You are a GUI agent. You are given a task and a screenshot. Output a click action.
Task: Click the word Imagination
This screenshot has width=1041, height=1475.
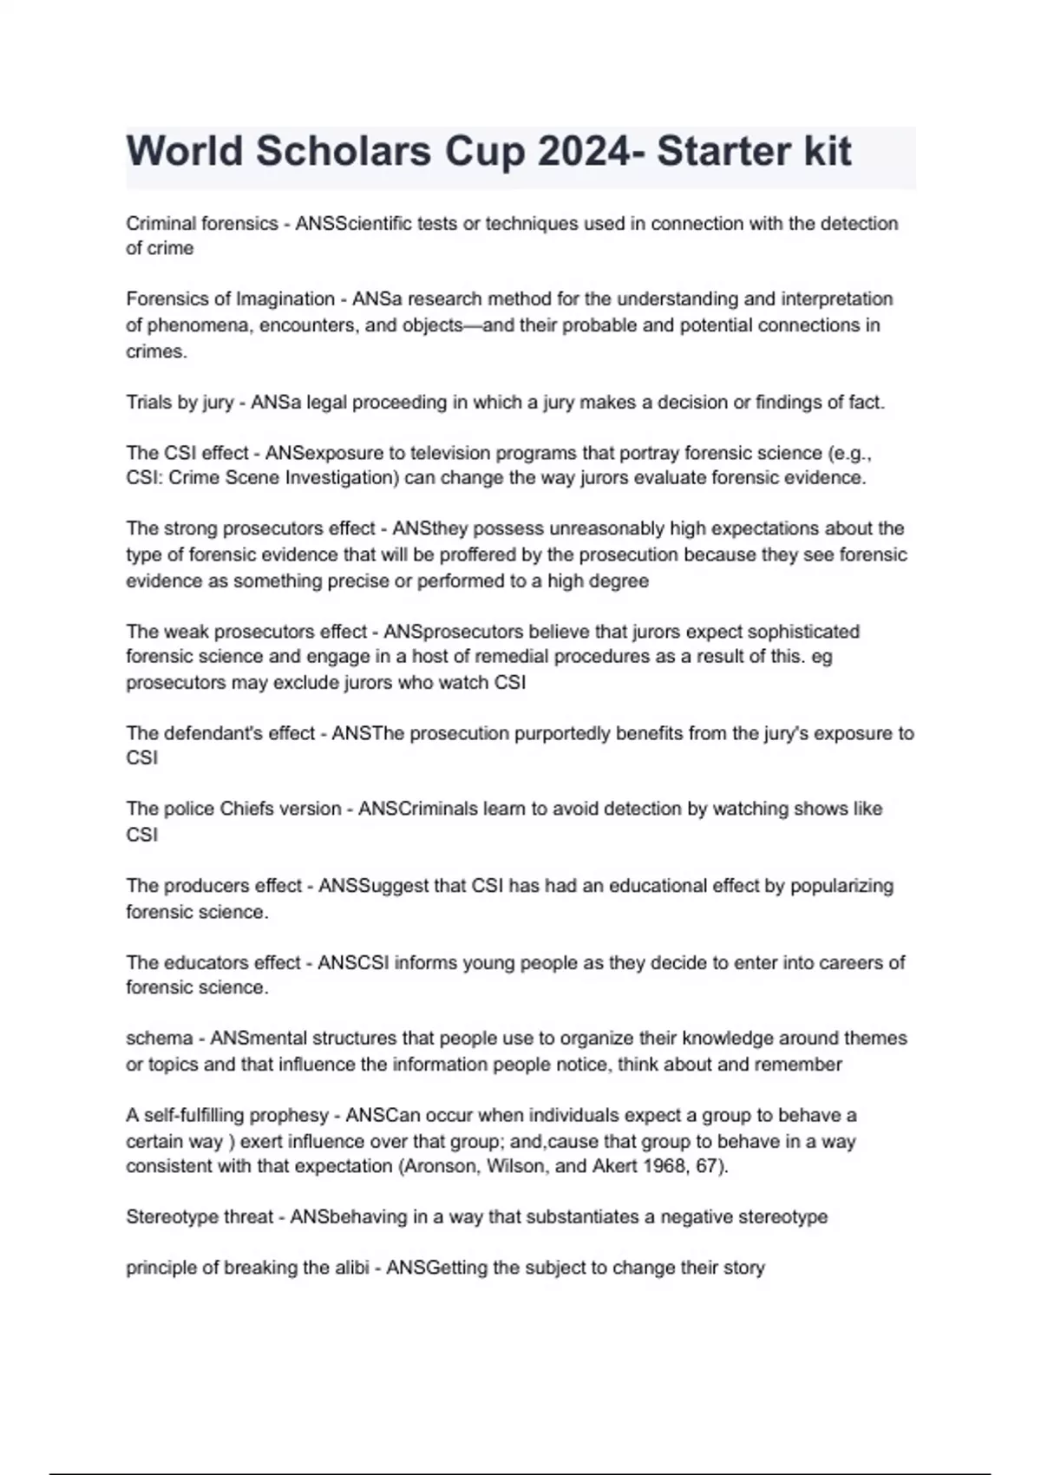285,299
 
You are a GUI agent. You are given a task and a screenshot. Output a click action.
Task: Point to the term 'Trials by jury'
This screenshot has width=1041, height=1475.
180,403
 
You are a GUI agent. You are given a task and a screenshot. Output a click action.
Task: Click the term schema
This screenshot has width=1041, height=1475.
160,1039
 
